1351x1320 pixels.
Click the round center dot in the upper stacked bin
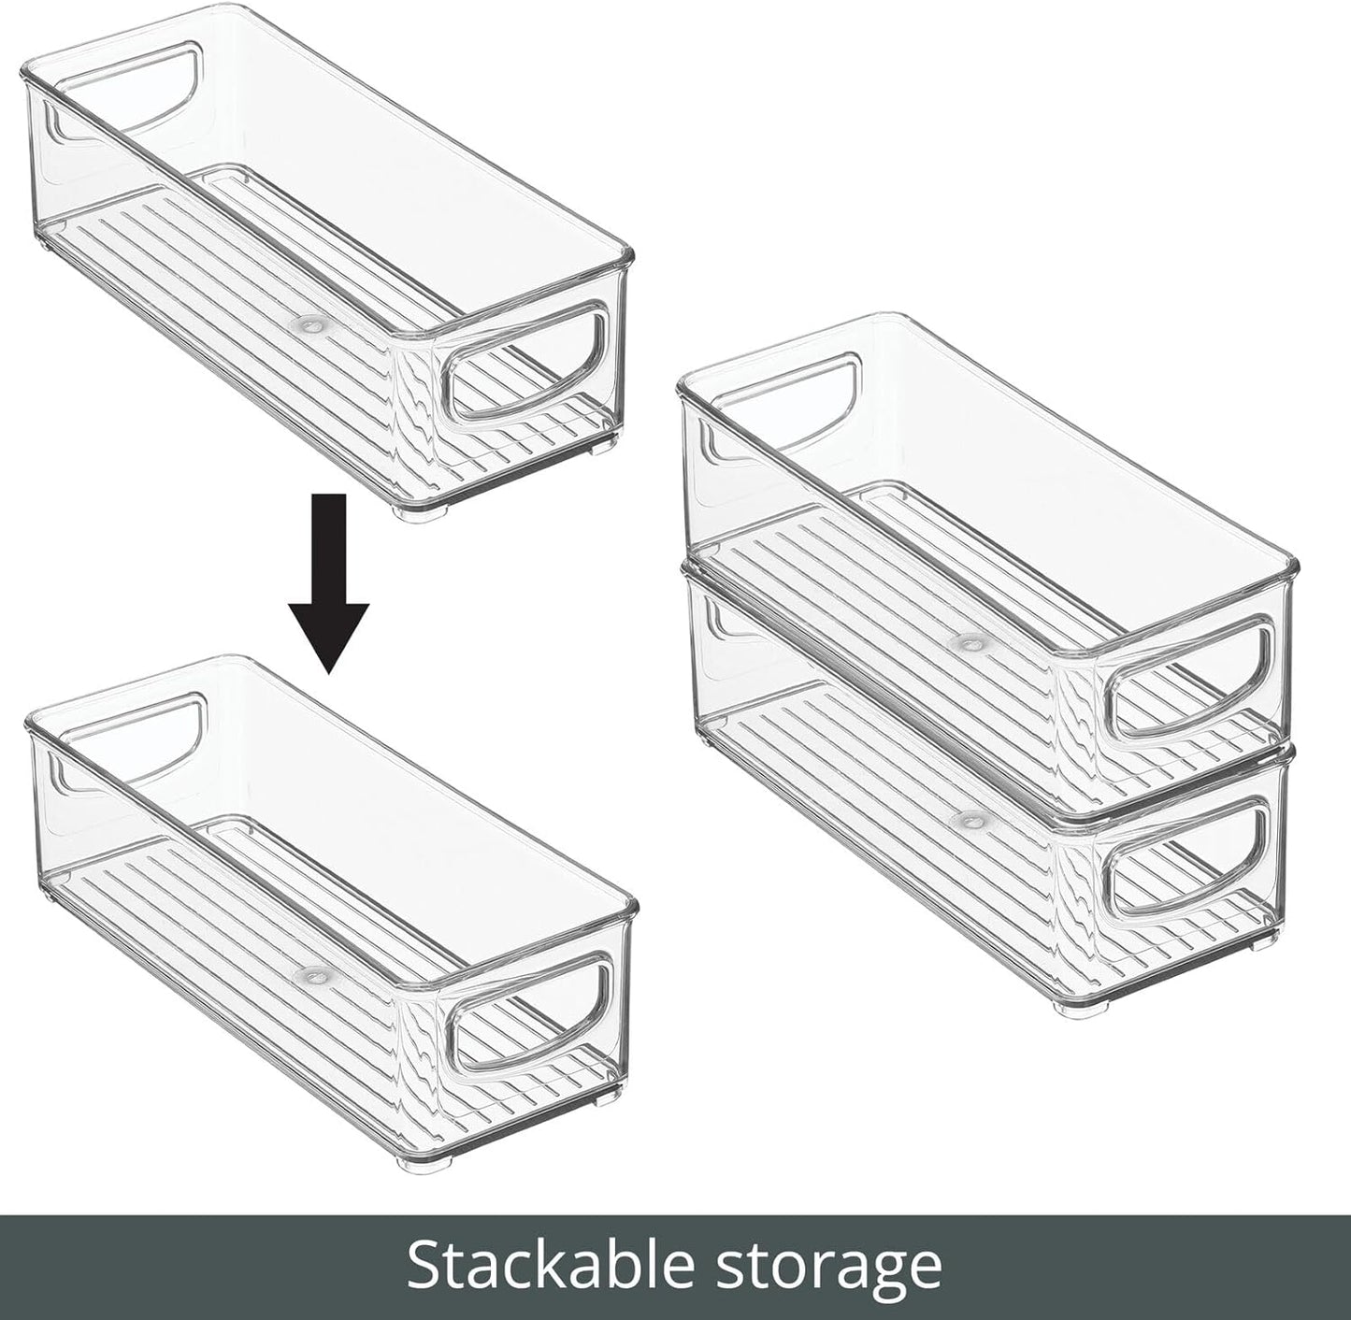(968, 643)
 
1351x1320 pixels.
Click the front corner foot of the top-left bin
(419, 511)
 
